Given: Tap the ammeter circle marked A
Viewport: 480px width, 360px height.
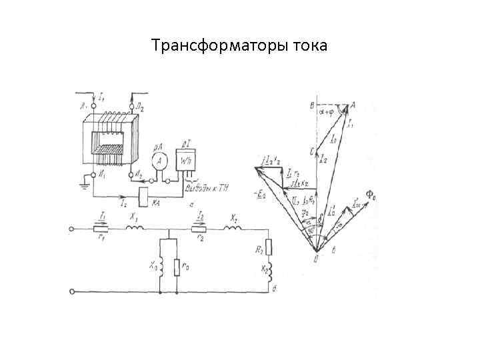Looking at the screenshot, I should [x=159, y=161].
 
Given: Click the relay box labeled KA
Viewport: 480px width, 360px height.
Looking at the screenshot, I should [x=146, y=196].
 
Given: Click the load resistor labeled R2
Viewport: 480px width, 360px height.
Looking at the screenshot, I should [x=269, y=246].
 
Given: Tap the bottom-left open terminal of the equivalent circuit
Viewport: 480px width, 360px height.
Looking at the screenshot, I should [x=72, y=291].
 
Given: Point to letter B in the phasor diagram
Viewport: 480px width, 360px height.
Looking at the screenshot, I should [x=311, y=105].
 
